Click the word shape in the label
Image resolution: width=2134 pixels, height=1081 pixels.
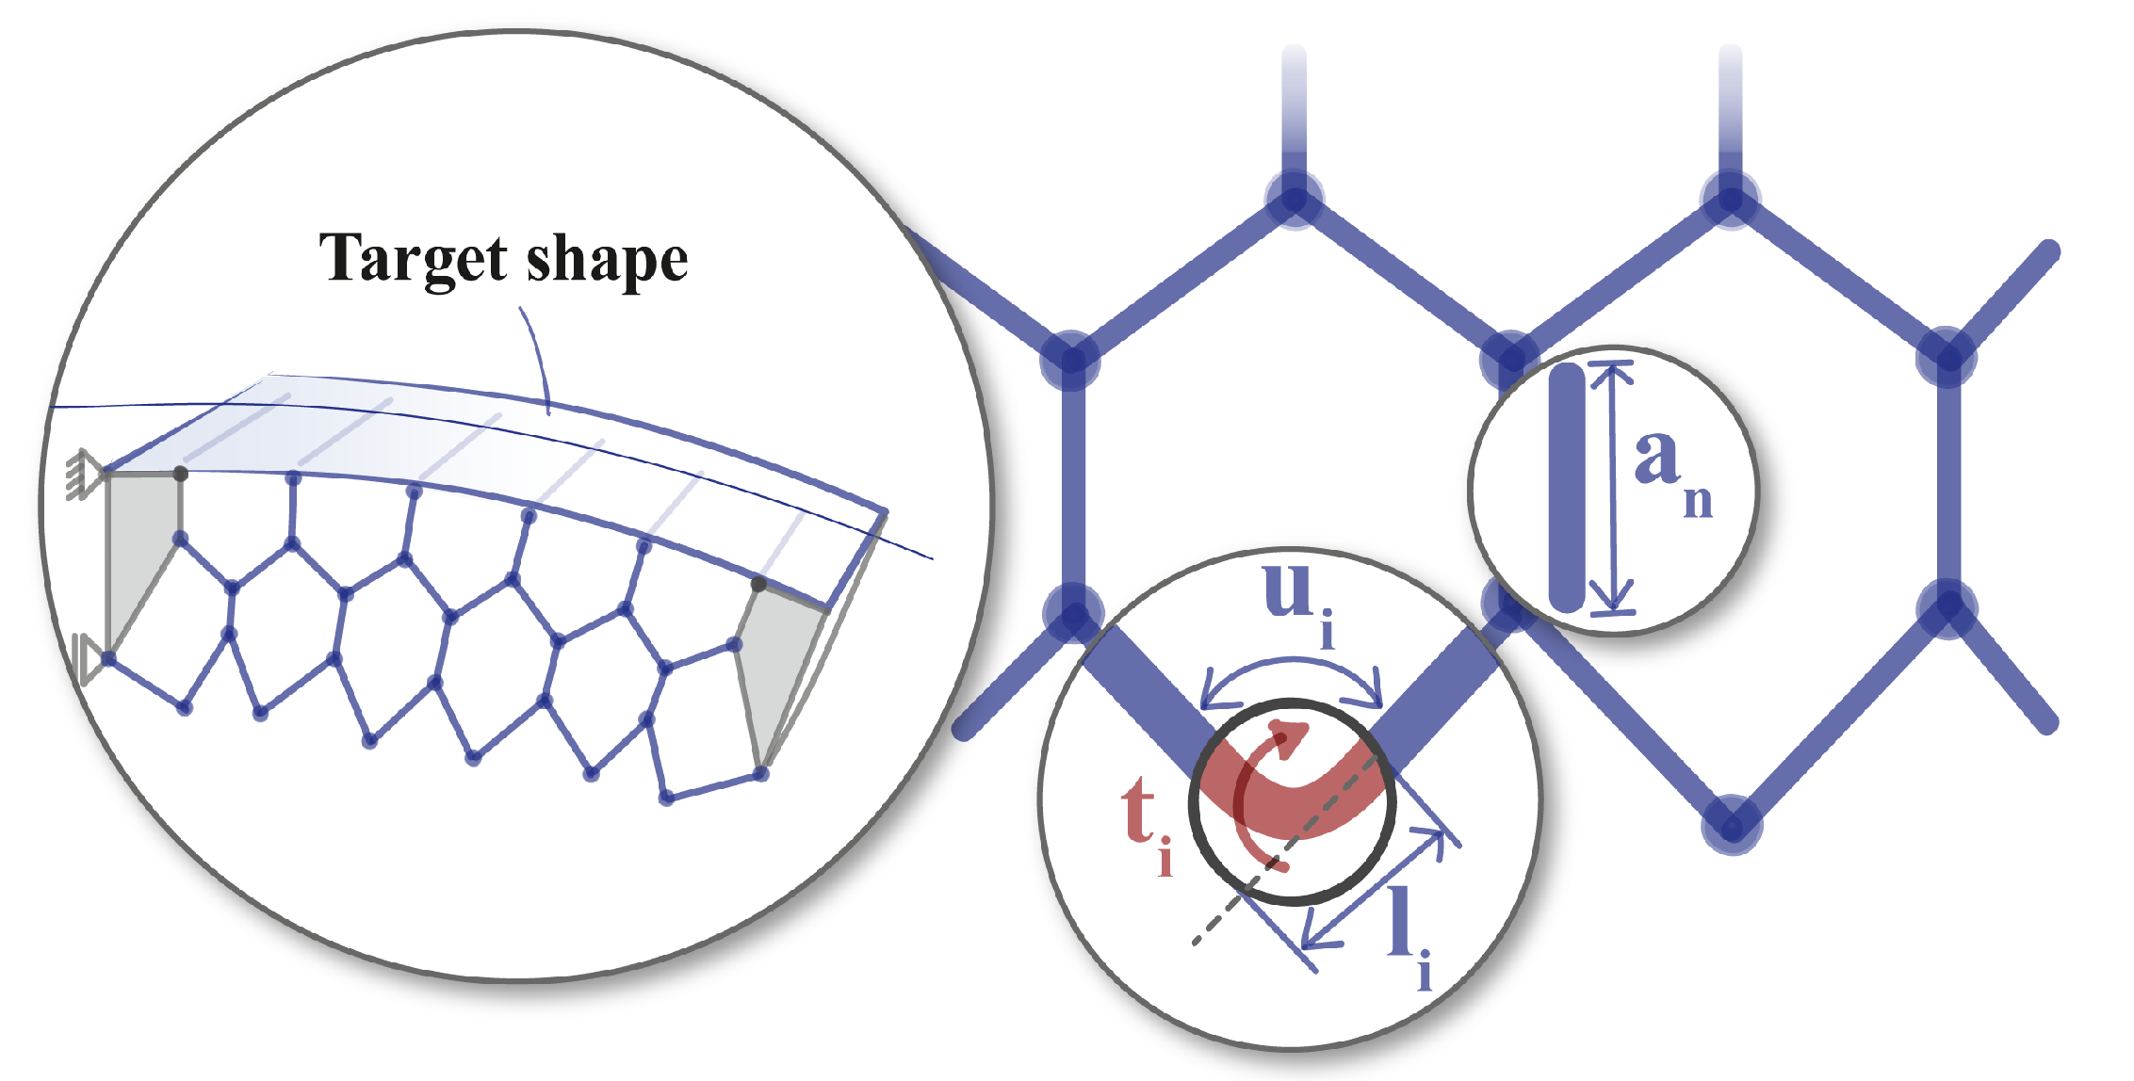[x=607, y=259]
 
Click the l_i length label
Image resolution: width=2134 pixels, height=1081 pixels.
[x=1409, y=937]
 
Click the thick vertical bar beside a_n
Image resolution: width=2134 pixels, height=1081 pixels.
[x=1567, y=488]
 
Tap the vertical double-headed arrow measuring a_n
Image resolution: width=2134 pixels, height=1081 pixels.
[x=1613, y=488]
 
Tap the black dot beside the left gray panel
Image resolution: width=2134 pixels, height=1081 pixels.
[x=181, y=474]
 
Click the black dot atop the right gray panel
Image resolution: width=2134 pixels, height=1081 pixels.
[x=758, y=585]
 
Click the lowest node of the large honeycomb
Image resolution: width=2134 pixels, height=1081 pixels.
[x=1731, y=826]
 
